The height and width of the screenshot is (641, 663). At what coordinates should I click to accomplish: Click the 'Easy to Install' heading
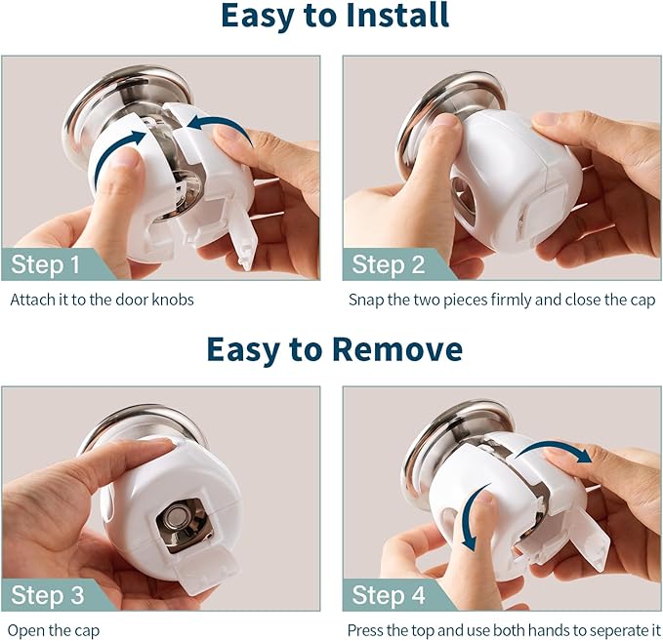coord(334,17)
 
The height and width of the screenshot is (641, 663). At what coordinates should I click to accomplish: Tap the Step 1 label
coord(46,264)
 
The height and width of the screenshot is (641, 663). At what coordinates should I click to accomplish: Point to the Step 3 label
coord(47,595)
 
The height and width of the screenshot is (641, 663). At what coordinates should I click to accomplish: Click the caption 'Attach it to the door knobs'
coord(102,300)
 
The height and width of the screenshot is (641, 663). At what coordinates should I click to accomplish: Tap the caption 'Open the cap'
coord(55,630)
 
